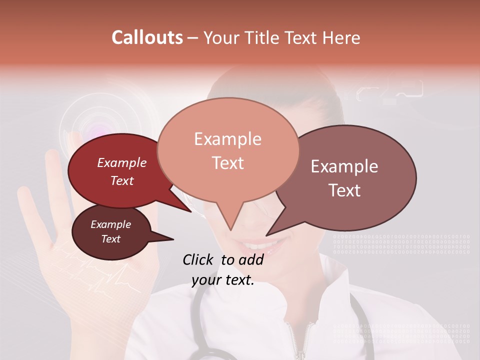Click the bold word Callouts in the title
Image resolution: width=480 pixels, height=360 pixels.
pos(147,37)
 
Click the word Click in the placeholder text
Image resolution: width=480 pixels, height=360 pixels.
pos(199,259)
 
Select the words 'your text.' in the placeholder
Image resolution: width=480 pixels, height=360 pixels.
pos(223,280)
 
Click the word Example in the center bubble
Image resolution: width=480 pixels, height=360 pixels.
pos(227,139)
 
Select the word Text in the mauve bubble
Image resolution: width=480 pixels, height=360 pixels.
pos(345,190)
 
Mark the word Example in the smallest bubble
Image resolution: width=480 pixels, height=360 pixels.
pos(110,224)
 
